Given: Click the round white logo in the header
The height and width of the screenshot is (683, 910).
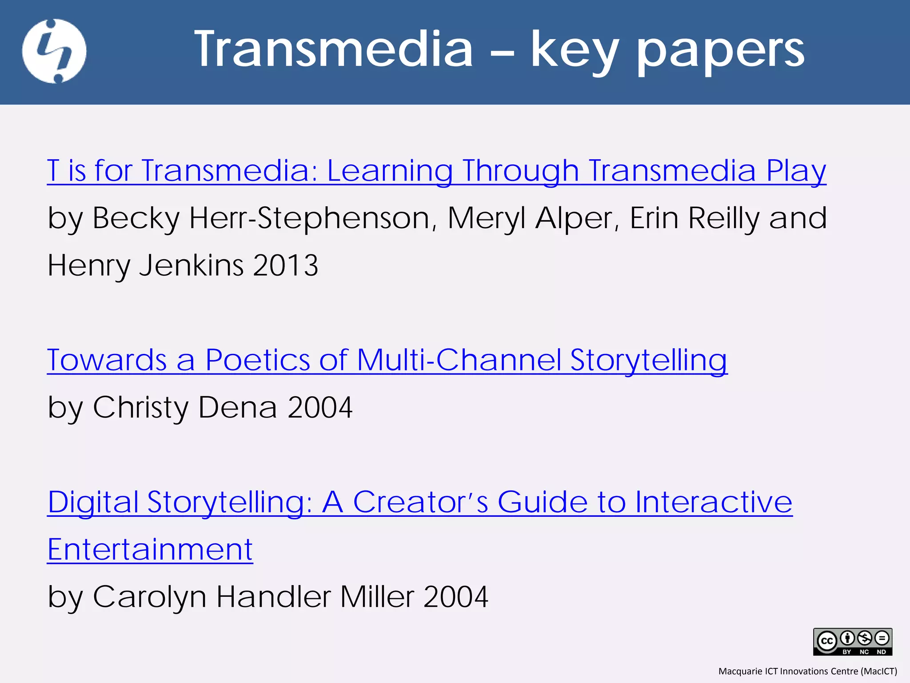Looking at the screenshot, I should point(54,51).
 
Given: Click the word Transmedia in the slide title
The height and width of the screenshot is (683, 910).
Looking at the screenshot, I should point(334,49).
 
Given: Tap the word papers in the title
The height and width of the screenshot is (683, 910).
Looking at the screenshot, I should point(720,51).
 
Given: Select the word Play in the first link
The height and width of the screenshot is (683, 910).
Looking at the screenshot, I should point(796,171).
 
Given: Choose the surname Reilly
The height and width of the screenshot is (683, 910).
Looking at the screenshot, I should point(724,218).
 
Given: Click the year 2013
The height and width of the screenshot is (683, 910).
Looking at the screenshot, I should point(285,265).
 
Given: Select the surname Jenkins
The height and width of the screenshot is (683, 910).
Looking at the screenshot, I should point(191,265).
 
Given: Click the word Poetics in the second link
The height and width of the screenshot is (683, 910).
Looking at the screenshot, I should point(257,360).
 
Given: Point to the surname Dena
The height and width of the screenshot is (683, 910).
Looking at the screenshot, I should point(238,407).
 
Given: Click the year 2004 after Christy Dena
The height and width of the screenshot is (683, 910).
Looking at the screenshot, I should point(320,407).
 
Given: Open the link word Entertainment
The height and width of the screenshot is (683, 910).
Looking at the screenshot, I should point(150,550).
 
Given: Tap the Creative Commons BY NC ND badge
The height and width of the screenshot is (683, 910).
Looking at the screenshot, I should point(852,642).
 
